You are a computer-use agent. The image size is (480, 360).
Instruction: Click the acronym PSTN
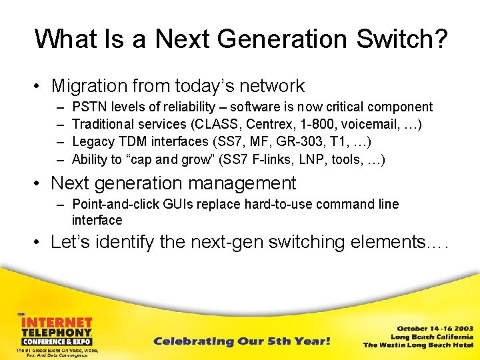point(88,107)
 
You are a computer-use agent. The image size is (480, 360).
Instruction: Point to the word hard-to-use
point(277,204)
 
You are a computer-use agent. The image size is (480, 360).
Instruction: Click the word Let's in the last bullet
point(71,242)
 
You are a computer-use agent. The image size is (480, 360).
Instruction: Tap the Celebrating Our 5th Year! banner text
point(241,341)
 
